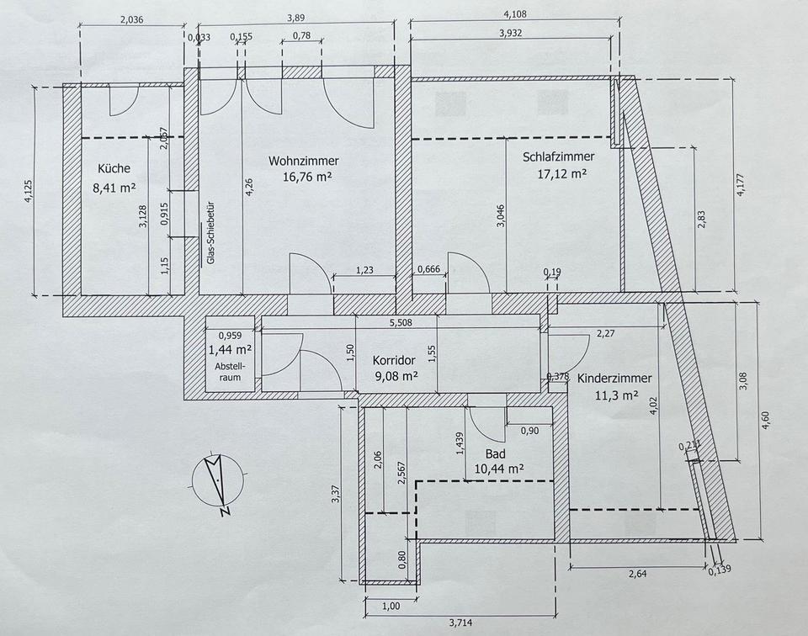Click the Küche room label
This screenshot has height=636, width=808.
(x=114, y=168)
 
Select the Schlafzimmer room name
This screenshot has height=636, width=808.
(x=558, y=156)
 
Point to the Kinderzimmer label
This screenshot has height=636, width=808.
(x=614, y=379)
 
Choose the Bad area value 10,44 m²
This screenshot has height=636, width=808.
(x=499, y=469)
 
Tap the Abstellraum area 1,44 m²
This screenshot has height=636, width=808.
(x=231, y=347)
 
